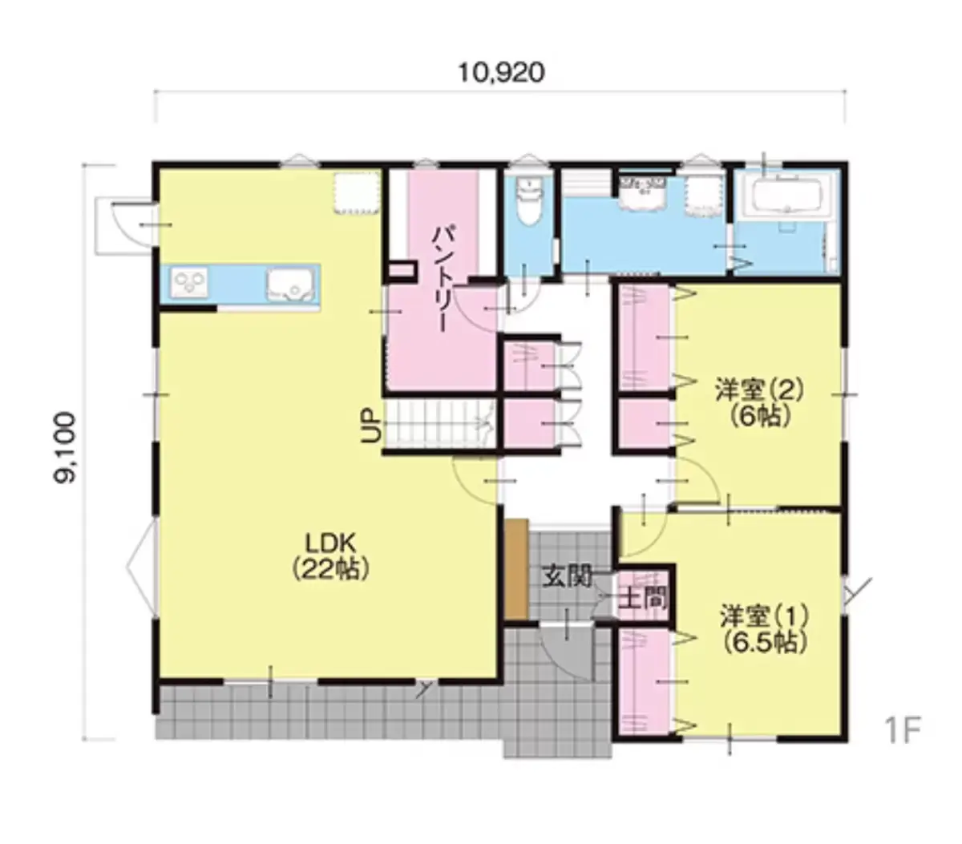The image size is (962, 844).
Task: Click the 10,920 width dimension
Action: point(501,73)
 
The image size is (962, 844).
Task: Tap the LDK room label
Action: point(330,543)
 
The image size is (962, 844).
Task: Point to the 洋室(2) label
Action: point(759,390)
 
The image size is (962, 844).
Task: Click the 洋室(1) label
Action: point(764,617)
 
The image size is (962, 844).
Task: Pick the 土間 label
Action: point(643,600)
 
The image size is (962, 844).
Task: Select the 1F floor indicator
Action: point(903,732)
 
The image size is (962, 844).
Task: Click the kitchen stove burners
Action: point(189,283)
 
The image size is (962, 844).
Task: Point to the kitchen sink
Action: point(290,286)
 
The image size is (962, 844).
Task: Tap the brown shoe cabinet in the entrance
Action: point(516,570)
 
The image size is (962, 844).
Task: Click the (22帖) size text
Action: point(330,569)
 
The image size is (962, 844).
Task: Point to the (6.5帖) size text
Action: point(765,643)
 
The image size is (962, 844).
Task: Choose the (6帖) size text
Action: point(760,416)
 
